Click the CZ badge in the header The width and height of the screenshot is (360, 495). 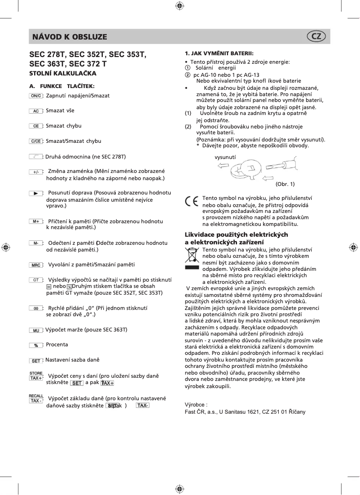(x=316, y=36)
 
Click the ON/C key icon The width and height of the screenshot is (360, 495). (x=35, y=96)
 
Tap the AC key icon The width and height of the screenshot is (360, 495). (x=35, y=110)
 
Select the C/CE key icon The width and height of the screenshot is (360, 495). (x=35, y=141)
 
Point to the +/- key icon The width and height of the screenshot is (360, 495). (x=35, y=172)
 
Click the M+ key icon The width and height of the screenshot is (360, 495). (x=35, y=221)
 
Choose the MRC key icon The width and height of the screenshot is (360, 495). (x=35, y=265)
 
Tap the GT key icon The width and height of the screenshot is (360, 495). (x=35, y=279)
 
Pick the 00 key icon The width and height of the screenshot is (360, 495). (x=35, y=309)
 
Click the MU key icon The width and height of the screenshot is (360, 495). (x=35, y=330)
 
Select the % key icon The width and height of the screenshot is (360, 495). (x=35, y=345)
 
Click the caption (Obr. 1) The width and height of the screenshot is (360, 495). (x=285, y=184)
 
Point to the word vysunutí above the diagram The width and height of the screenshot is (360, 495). (x=226, y=157)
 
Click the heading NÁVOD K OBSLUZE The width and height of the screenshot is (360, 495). (x=70, y=37)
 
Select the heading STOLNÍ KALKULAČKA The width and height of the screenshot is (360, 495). (x=63, y=73)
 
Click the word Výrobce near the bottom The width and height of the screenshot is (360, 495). (x=196, y=404)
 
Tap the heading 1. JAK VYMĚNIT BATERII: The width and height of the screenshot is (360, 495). (x=219, y=53)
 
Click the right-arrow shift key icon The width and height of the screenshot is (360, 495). (x=35, y=193)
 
